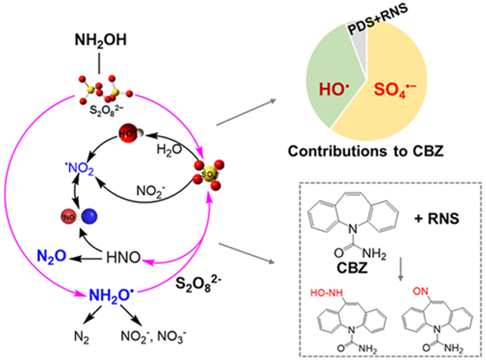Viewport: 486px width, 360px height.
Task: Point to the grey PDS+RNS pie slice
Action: point(376,41)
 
